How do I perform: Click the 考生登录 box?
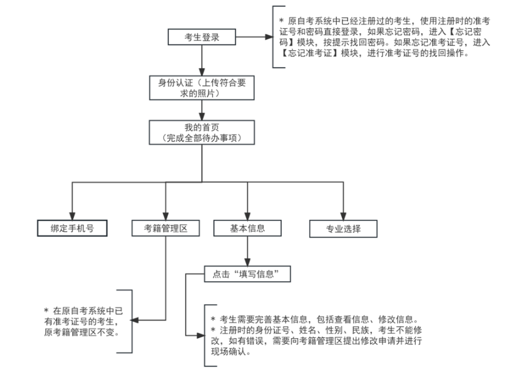[x=202, y=37]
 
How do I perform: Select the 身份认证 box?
[x=202, y=88]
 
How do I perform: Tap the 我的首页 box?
[x=202, y=132]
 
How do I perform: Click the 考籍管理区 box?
[x=165, y=229]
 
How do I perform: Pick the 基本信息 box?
[x=248, y=229]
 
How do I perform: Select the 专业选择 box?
[x=344, y=229]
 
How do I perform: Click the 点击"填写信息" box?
[x=249, y=274]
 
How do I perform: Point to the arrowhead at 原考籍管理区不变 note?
[x=133, y=321]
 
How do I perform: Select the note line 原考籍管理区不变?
[x=81, y=331]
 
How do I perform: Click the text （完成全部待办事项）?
[x=202, y=137]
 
